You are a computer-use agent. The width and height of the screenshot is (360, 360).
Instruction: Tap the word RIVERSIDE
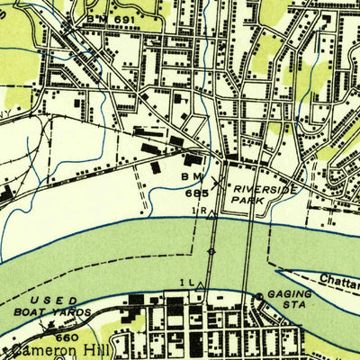(x=263, y=189)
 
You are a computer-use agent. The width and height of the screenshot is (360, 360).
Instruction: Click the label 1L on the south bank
(x=186, y=283)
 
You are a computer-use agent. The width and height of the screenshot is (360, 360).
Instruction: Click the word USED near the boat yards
(x=48, y=301)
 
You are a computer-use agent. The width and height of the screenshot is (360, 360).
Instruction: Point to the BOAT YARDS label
(x=60, y=312)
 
